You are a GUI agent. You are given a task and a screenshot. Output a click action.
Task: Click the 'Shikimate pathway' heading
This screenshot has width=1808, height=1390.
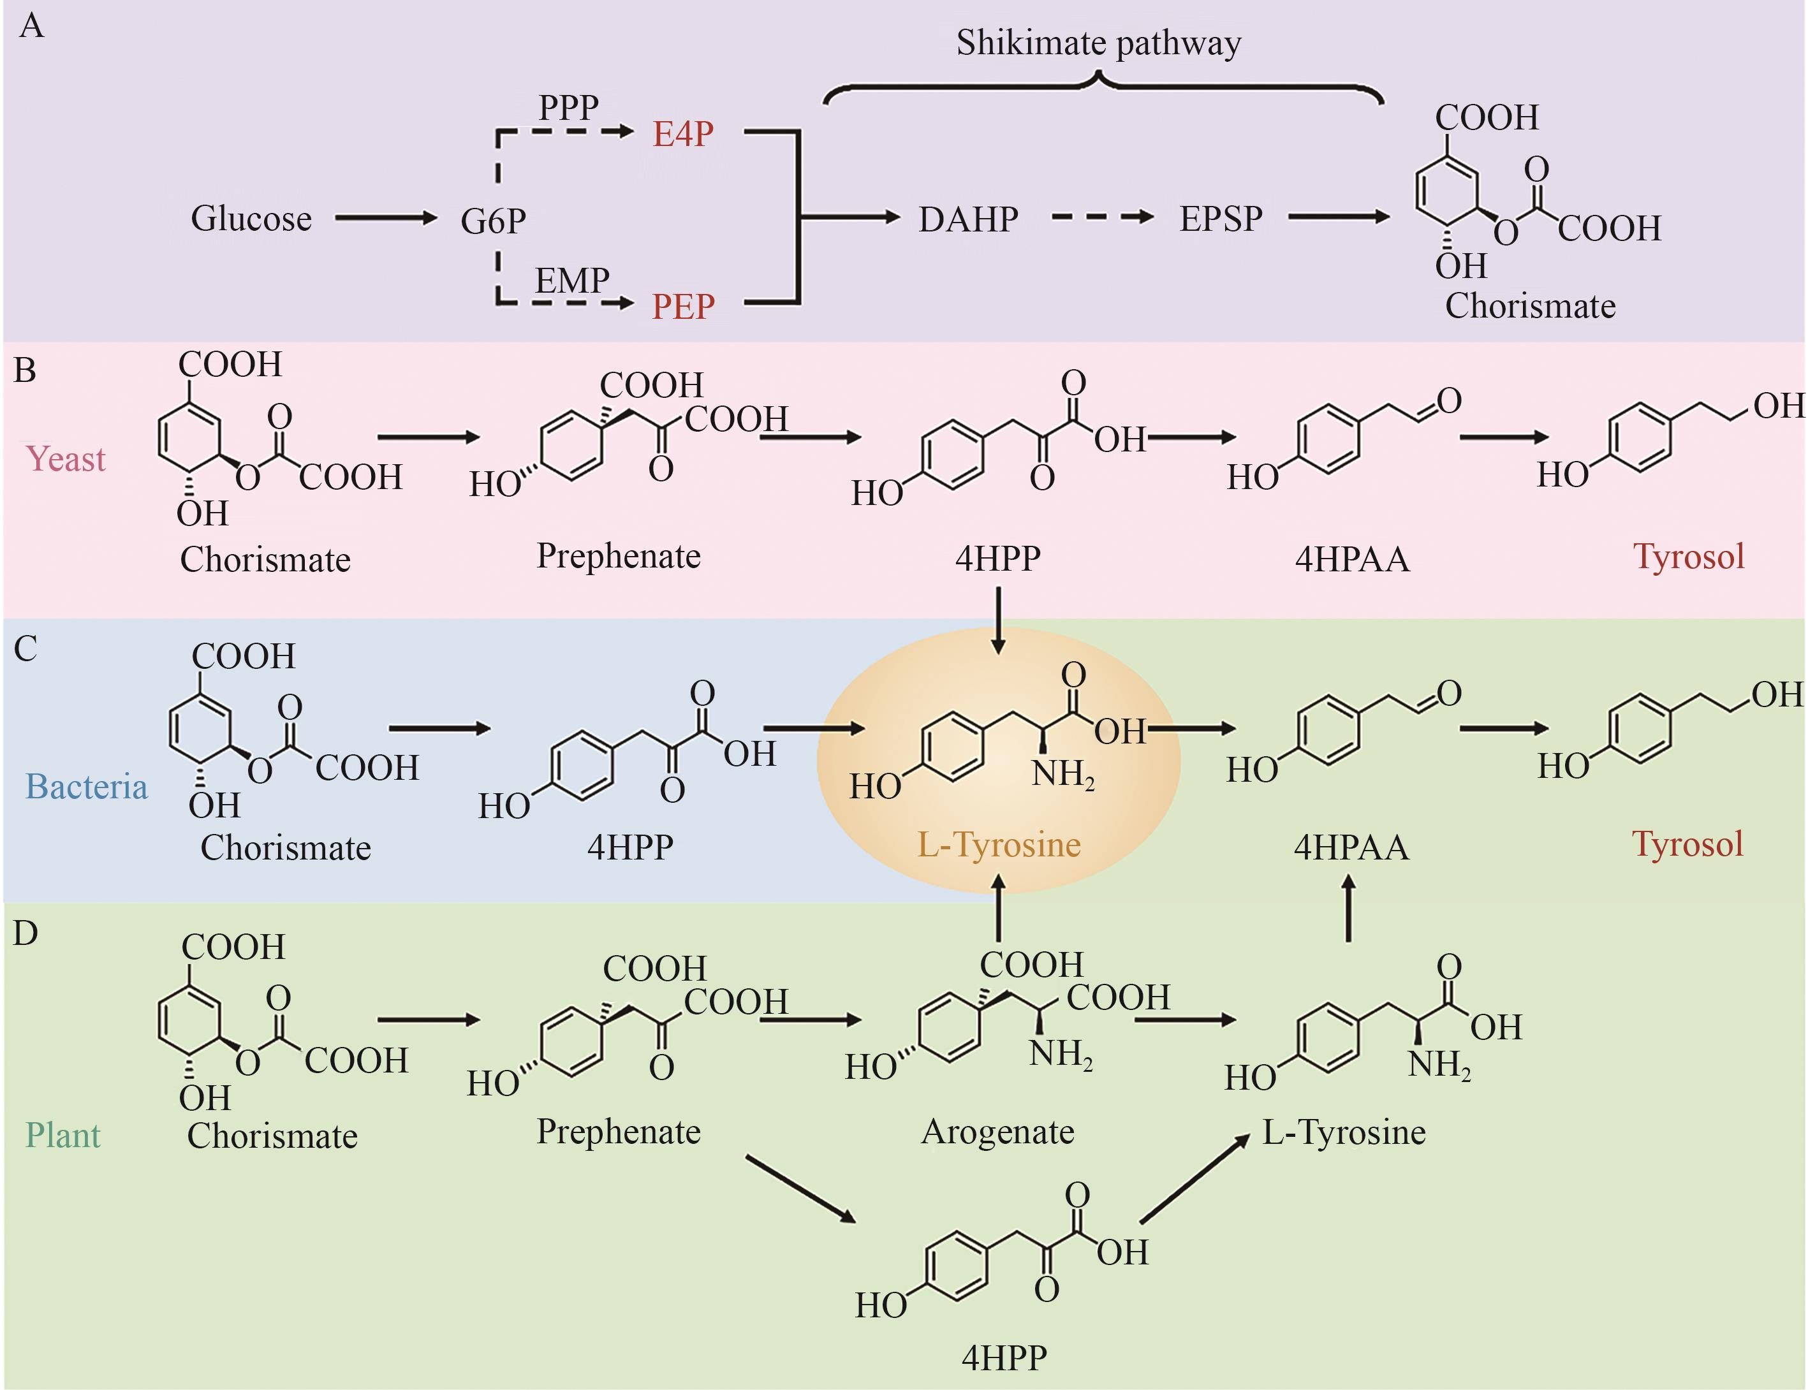coord(1098,43)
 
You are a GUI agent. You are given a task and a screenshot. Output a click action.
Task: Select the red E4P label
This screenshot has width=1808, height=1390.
coord(682,133)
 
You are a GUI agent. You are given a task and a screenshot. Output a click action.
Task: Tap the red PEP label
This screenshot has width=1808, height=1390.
coord(682,306)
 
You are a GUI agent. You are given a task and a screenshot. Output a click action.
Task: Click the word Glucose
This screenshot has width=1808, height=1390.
coord(251,219)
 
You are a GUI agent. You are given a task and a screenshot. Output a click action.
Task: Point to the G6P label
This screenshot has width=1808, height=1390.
coord(493,220)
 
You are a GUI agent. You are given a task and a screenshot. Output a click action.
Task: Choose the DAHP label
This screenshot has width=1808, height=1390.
coord(968,219)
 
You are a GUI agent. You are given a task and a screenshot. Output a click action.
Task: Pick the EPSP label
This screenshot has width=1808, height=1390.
coord(1221,219)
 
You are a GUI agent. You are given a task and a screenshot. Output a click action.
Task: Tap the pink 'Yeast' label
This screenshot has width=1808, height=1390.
coord(66,458)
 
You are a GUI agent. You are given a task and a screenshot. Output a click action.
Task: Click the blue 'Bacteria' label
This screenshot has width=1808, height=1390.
coord(86,786)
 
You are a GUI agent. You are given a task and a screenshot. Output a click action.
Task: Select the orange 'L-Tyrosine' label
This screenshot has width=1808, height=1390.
coord(999,845)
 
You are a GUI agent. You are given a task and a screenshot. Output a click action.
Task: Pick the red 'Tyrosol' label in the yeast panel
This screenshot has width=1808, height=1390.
coord(1689,556)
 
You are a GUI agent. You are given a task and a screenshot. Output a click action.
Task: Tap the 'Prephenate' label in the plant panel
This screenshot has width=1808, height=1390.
coord(618,1131)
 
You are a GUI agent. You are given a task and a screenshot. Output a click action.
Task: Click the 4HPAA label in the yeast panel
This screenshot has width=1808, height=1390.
coord(1351,559)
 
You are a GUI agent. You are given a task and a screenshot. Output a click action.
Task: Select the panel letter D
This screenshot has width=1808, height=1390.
coord(26,933)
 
